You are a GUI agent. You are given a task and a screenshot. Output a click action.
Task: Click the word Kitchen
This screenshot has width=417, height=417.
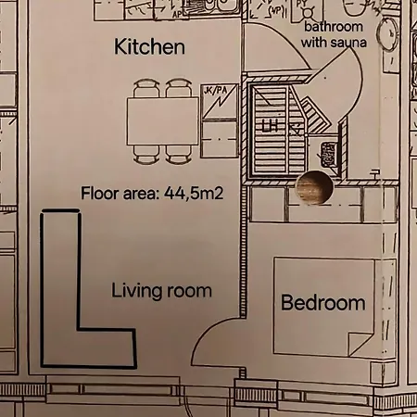(x=148, y=45)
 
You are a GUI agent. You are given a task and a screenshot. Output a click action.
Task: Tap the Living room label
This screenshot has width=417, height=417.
(x=161, y=291)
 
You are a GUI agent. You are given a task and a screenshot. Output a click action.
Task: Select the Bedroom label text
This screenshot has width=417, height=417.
(x=322, y=303)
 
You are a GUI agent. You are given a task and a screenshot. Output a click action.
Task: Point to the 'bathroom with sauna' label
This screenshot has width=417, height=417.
(x=335, y=35)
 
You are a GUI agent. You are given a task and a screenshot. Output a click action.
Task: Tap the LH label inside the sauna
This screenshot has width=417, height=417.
(x=270, y=125)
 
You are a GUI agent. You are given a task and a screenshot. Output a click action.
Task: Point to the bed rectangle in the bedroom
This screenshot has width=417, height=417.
(x=324, y=306)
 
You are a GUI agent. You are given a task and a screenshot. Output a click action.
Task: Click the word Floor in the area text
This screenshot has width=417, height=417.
(x=100, y=193)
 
